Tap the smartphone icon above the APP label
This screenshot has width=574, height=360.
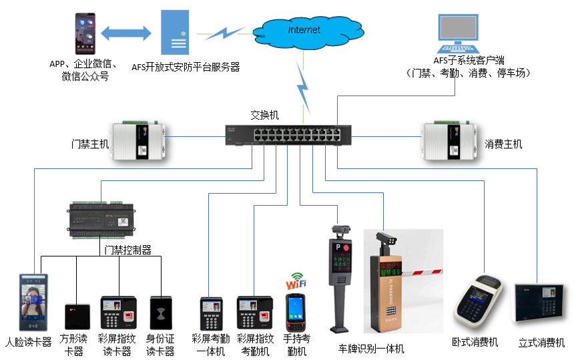(x=84, y=34)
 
